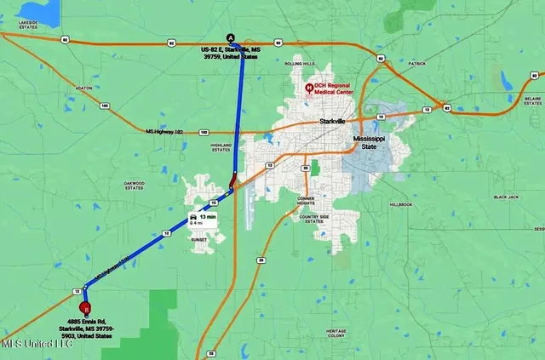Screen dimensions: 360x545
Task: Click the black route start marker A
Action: click(x=230, y=37)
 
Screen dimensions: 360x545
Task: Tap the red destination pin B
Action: click(x=84, y=309)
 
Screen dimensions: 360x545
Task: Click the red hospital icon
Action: click(x=309, y=87)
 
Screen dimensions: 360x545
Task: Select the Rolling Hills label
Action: click(x=299, y=64)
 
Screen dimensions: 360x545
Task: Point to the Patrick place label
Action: click(x=416, y=63)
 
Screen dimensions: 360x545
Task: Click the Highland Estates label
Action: click(x=221, y=147)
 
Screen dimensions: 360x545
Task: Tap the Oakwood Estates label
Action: click(x=135, y=185)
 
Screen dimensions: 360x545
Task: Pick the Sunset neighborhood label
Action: click(x=201, y=241)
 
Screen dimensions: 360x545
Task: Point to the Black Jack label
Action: click(x=506, y=197)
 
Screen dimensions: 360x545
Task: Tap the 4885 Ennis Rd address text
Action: click(x=93, y=327)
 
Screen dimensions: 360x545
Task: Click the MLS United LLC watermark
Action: click(x=37, y=343)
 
